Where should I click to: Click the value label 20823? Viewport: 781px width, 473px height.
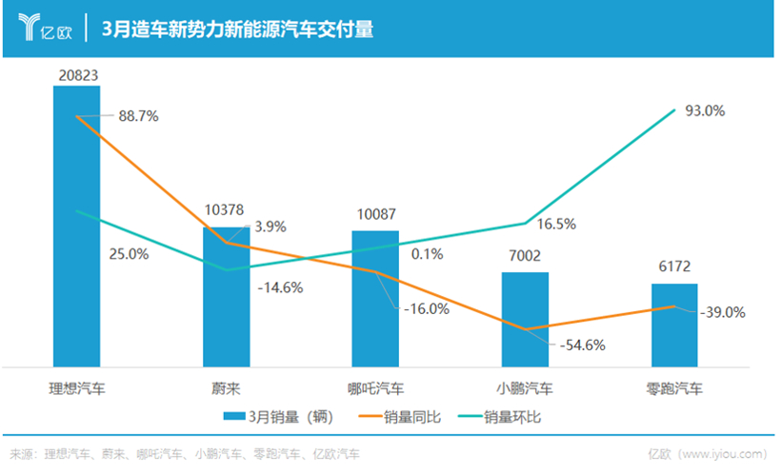(76, 74)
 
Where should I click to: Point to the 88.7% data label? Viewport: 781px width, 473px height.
(138, 116)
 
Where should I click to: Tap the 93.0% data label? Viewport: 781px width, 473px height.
(705, 110)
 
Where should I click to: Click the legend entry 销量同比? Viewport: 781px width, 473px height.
(397, 416)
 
